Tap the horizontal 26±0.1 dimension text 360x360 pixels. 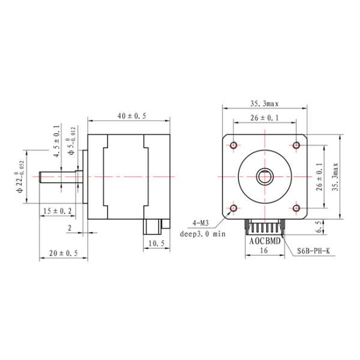[265, 118]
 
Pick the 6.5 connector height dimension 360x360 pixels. [320, 226]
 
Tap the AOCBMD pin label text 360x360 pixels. [265, 242]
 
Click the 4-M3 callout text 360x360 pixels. [200, 223]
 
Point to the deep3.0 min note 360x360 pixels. [203, 234]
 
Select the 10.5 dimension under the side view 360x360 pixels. [155, 243]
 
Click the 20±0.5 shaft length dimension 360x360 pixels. [63, 253]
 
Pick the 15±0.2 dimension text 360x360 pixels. [58, 210]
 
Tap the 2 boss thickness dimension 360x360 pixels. [70, 227]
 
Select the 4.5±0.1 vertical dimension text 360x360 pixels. [57, 142]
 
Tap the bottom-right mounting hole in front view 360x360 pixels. [296, 208]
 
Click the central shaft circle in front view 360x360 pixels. [265, 176]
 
